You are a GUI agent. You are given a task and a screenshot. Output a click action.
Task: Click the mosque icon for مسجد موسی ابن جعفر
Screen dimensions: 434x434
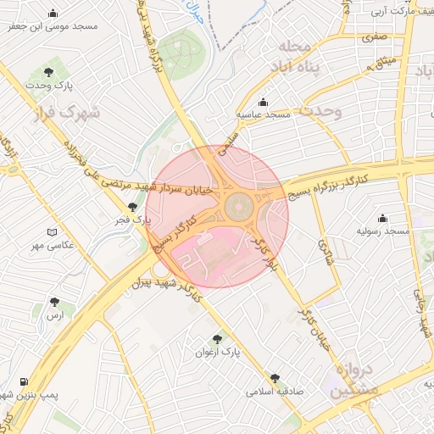(54, 13)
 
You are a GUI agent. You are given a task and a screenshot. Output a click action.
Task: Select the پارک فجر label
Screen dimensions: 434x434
(133, 220)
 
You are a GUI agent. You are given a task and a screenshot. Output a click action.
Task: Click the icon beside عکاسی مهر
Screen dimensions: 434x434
(53, 232)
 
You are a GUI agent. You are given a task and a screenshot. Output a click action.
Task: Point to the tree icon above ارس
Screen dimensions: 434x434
(55, 302)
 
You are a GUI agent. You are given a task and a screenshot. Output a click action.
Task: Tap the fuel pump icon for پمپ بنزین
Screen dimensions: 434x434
(23, 382)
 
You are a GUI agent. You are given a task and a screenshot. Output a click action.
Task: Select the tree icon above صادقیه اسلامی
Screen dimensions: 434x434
(275, 379)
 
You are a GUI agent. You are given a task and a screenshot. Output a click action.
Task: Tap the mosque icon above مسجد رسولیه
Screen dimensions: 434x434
(383, 218)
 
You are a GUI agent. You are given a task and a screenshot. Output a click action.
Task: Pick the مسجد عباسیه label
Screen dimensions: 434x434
(263, 114)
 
